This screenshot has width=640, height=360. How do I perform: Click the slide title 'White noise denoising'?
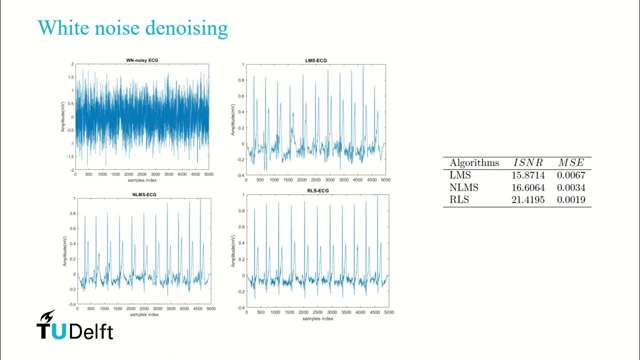point(133,28)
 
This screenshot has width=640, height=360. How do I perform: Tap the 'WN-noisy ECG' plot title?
point(142,60)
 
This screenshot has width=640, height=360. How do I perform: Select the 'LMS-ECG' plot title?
point(315,61)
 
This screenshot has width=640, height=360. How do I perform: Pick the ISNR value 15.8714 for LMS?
point(528,175)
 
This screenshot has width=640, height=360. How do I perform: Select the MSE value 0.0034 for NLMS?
point(571,188)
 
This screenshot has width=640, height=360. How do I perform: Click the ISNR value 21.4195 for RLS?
point(528,200)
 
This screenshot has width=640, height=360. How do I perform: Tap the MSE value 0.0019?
point(571,200)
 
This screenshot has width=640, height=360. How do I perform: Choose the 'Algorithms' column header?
point(474,163)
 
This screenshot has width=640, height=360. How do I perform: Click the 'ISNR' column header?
point(528,163)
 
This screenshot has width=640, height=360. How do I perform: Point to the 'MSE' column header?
point(571,163)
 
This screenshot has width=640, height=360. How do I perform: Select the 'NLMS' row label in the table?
point(464,188)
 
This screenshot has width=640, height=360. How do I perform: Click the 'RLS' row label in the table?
point(460,200)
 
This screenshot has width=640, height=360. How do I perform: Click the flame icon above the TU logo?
point(48,316)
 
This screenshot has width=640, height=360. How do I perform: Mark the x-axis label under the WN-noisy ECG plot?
point(143,180)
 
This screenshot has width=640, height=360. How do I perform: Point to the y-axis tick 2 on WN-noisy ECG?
point(72,64)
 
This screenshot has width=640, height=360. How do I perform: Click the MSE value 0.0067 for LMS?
point(571,175)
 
